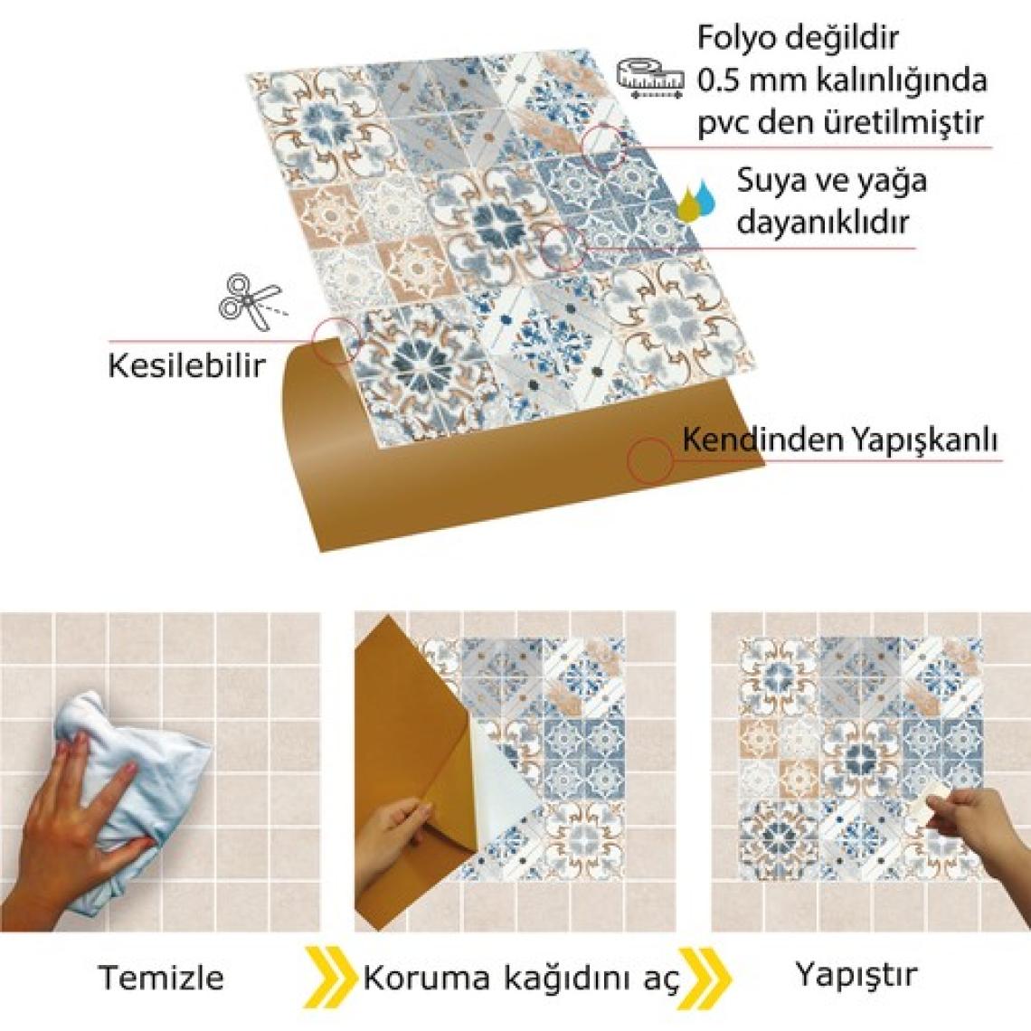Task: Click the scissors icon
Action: click(x=250, y=302)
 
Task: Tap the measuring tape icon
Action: click(x=650, y=78)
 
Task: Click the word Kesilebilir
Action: click(x=186, y=366)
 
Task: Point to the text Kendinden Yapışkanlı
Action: click(x=839, y=440)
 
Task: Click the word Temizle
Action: click(x=161, y=977)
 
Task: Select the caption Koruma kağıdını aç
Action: click(x=520, y=979)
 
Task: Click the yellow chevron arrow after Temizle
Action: click(x=326, y=977)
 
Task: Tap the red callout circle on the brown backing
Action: click(x=649, y=459)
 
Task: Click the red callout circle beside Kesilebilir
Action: click(x=337, y=341)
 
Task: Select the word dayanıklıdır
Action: click(x=822, y=222)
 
